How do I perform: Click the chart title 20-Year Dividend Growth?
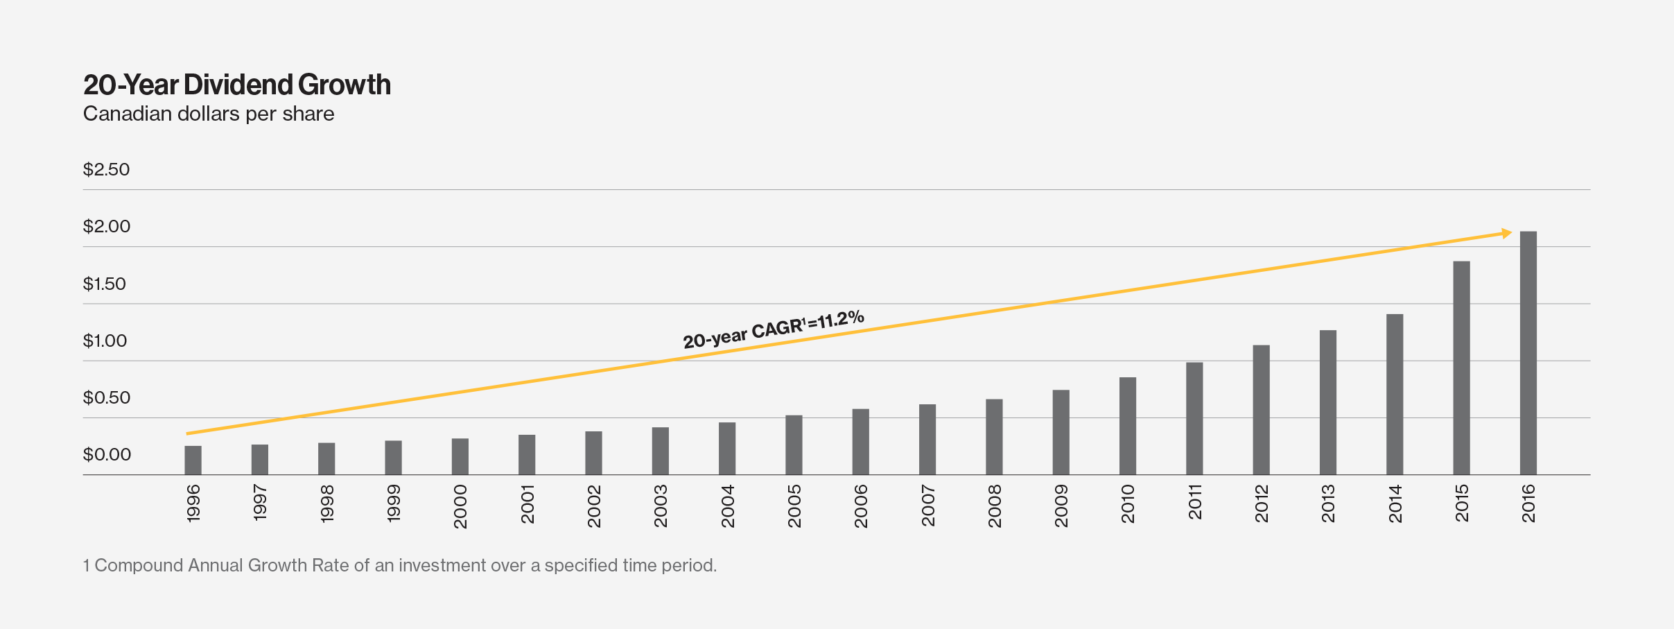[237, 85]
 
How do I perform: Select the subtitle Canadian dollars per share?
[209, 114]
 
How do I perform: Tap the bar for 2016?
[1528, 353]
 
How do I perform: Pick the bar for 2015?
[1461, 368]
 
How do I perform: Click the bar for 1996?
[193, 460]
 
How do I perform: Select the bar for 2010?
[1128, 426]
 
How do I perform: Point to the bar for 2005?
[794, 445]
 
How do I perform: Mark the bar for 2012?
[1261, 410]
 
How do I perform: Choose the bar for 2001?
[527, 455]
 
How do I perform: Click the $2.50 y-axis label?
[107, 170]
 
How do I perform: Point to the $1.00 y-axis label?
[105, 341]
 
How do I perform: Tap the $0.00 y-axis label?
[107, 455]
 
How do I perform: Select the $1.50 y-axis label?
[105, 284]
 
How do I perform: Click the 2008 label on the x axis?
[995, 506]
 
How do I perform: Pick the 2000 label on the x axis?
[460, 507]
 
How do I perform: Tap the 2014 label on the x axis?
[1395, 504]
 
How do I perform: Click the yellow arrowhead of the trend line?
[1506, 234]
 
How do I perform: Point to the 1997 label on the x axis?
[260, 503]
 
